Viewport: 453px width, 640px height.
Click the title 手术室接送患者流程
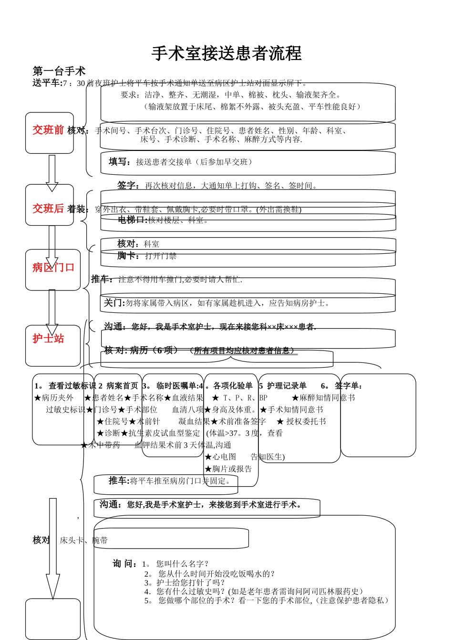click(x=226, y=53)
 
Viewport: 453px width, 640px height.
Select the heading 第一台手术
click(x=59, y=71)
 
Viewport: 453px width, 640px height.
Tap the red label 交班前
click(x=48, y=130)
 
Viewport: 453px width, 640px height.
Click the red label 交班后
click(x=48, y=209)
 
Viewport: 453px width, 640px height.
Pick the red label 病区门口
click(x=53, y=268)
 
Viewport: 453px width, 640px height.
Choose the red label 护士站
click(x=48, y=339)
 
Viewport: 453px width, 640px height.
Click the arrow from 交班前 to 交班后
click(x=52, y=172)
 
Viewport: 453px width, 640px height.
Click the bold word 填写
click(x=119, y=162)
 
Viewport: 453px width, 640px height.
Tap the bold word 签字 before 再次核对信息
click(x=128, y=186)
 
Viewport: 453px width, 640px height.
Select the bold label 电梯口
click(x=132, y=220)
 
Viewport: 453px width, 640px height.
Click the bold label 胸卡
click(x=128, y=256)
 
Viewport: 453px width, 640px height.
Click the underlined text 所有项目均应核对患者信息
click(x=244, y=351)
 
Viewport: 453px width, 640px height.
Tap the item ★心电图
click(x=220, y=457)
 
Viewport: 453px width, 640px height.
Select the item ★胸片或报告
click(x=228, y=469)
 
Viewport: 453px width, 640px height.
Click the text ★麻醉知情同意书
click(x=323, y=398)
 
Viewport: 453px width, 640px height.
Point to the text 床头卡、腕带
click(x=83, y=540)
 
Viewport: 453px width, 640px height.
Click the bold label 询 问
click(x=125, y=564)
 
